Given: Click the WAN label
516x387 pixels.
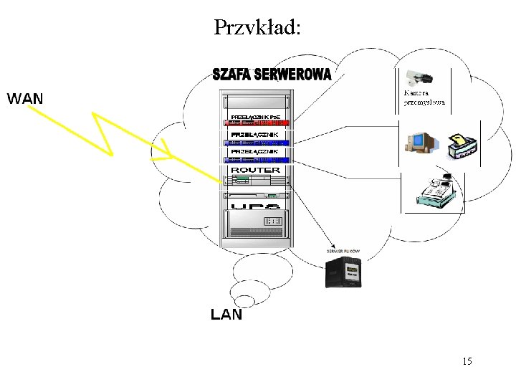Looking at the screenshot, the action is pos(25,98).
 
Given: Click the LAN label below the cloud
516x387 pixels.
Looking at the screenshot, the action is pos(226,314).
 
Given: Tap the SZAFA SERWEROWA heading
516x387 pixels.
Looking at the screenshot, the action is pos(272,74).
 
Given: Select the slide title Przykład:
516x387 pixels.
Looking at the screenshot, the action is pos(258,27).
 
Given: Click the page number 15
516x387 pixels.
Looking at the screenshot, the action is pos(467,361).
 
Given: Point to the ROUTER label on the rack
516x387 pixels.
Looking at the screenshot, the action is pos(255,170).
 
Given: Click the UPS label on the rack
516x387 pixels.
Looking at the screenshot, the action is pos(256,206).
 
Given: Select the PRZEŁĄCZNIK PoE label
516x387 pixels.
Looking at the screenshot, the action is pos(259,116).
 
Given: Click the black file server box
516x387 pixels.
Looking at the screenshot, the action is pos(344,272).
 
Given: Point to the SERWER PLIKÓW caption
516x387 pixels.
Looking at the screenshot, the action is pos(348,252).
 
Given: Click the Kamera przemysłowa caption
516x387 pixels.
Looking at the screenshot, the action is pos(424,97).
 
